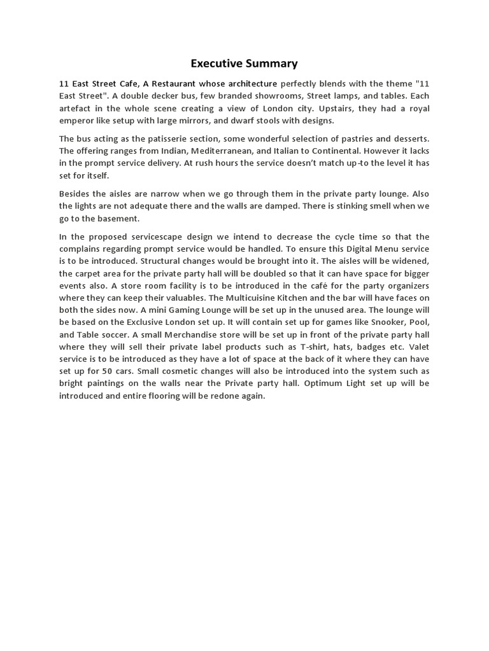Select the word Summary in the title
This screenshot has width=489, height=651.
point(273,63)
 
